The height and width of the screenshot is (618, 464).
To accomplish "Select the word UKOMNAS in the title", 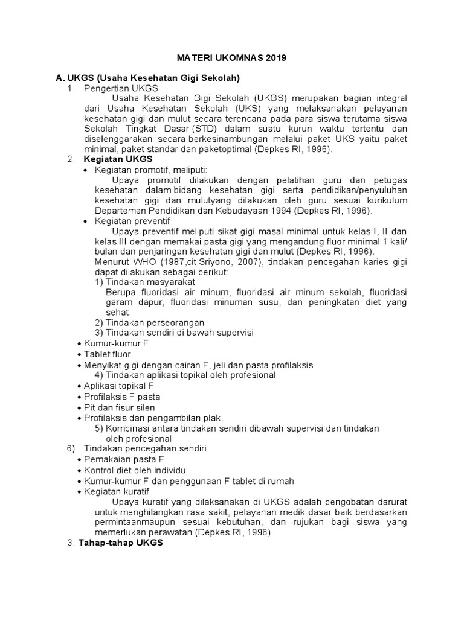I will (233, 58).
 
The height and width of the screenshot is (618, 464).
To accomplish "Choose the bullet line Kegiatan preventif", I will (132, 221).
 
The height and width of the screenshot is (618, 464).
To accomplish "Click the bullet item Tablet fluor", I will (108, 354).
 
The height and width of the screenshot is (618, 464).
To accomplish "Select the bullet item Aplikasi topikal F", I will (119, 386).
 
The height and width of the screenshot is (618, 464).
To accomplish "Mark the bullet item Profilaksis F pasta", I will (122, 397).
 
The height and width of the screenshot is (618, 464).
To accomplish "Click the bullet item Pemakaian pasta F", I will (120, 459).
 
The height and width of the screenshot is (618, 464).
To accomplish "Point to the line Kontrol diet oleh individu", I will (135, 470).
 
